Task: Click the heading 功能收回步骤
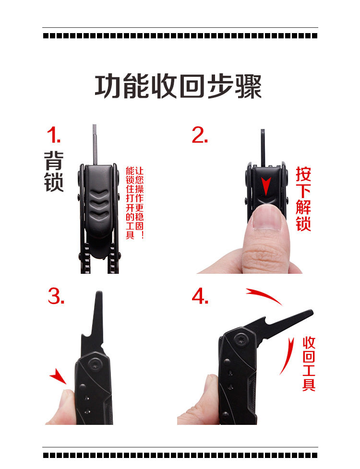(x=178, y=86)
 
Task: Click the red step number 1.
(x=54, y=135)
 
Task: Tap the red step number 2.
(x=200, y=135)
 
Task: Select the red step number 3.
(x=56, y=296)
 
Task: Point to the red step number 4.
(x=200, y=296)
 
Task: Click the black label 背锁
(x=54, y=171)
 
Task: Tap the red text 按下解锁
(x=303, y=199)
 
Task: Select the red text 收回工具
(x=309, y=363)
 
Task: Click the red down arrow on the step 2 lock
(x=266, y=186)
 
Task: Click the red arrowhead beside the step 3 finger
(x=59, y=376)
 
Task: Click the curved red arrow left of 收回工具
(x=288, y=356)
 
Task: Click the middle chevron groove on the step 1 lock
(x=99, y=203)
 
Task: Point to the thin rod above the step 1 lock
(x=95, y=144)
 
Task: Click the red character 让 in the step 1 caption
(x=139, y=171)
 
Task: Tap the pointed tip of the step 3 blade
(x=99, y=293)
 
